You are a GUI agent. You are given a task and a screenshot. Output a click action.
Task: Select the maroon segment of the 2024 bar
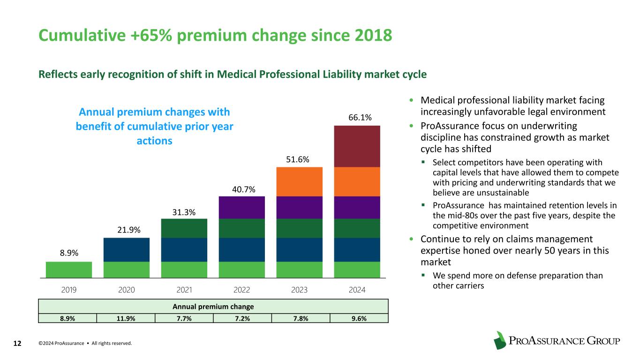357,146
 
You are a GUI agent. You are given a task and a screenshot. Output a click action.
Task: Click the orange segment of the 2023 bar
299,181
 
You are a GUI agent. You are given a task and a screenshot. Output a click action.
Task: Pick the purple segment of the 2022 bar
241,207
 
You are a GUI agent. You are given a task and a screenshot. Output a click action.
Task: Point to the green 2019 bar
69,270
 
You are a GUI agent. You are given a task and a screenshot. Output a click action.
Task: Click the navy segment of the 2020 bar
127,249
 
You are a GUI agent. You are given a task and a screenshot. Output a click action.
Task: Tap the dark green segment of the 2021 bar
184,228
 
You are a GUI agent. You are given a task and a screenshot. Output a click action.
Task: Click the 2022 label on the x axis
241,290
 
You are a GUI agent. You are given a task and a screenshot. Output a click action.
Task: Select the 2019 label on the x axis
69,290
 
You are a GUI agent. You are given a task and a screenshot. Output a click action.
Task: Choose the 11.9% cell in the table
126,318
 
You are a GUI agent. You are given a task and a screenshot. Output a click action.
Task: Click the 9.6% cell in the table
359,318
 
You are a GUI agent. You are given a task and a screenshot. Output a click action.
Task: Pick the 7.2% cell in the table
242,318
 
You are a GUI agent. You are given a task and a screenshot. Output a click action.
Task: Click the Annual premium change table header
213,307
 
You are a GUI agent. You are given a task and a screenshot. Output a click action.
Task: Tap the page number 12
17,344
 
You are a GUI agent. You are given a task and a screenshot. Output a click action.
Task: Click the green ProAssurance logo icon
500,340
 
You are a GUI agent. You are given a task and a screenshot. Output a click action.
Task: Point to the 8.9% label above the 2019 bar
69,253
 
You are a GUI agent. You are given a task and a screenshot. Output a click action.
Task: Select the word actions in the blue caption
154,141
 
